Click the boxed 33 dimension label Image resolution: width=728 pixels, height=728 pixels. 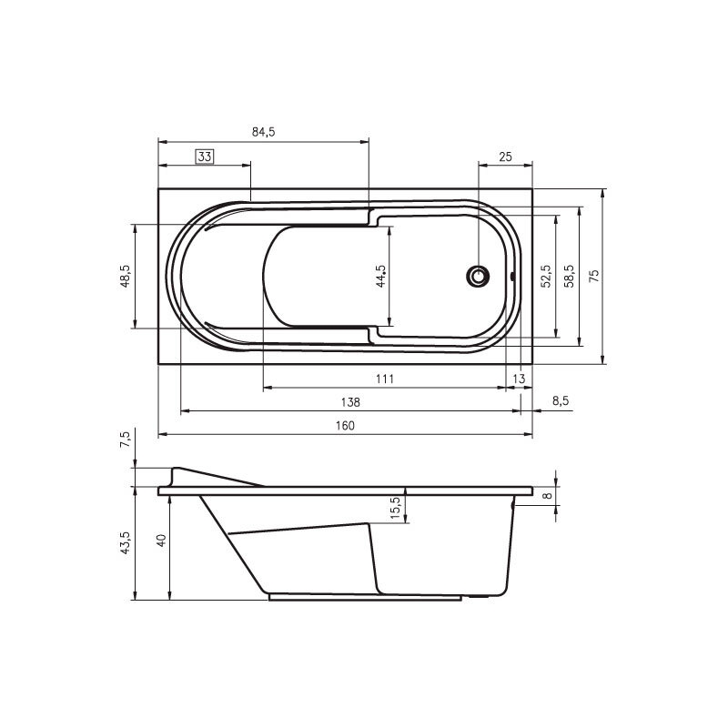205,157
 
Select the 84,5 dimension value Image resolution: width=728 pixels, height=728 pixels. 263,132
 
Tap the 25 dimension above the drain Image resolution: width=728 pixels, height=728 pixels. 505,157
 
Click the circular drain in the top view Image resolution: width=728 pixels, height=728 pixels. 478,277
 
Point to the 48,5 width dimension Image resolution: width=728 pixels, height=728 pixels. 126,277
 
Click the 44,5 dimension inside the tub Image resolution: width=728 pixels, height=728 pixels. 380,277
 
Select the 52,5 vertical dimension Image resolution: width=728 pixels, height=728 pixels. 546,277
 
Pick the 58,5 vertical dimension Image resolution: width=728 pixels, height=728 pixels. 570,277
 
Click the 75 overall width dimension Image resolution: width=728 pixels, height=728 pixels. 594,277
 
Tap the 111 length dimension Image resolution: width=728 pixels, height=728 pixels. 385,379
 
